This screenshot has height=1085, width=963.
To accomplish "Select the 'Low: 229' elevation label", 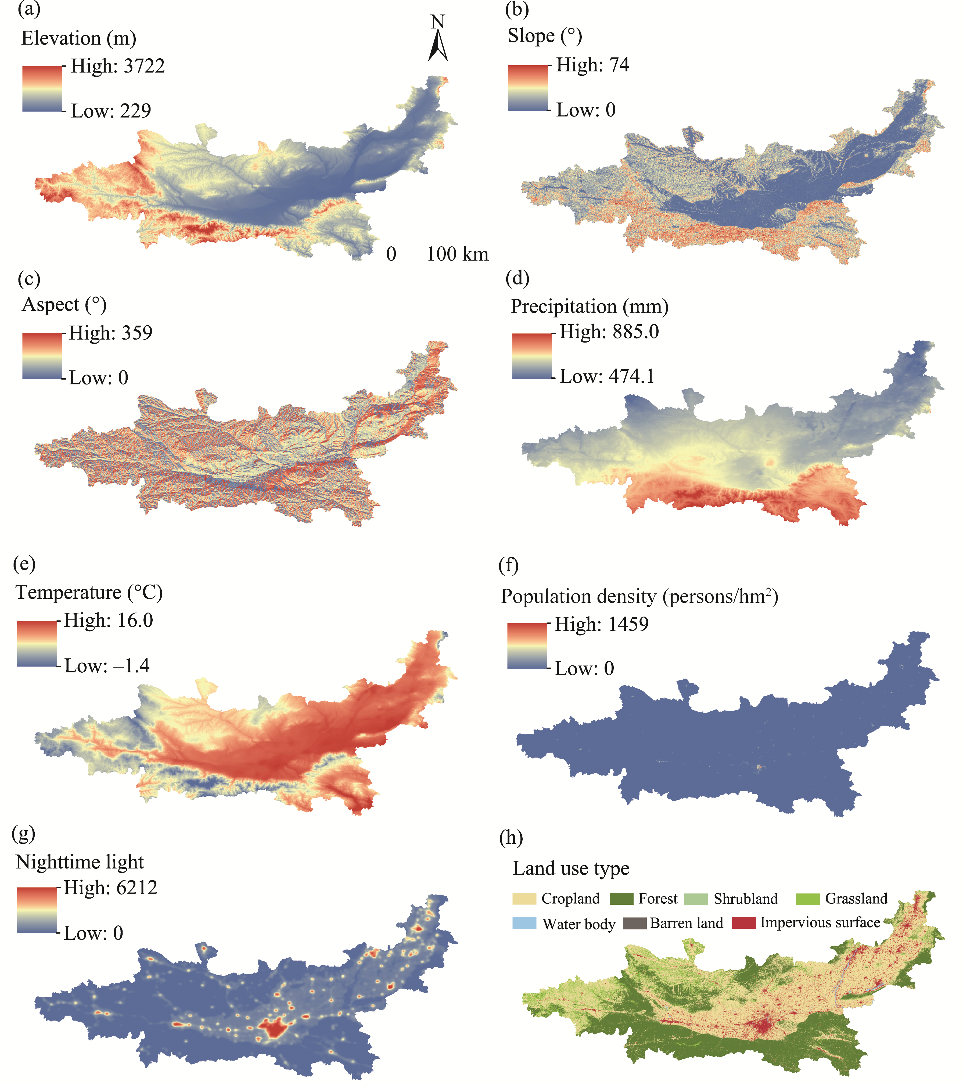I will click(x=111, y=111).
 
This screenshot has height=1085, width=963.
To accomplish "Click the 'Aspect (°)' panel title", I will click(x=64, y=305).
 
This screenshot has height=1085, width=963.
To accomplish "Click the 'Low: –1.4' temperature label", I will click(x=107, y=666).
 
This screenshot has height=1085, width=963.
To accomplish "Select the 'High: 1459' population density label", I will click(x=602, y=624).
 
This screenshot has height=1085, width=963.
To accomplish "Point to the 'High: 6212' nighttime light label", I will click(x=110, y=888).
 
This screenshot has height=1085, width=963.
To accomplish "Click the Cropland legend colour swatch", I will click(x=524, y=899).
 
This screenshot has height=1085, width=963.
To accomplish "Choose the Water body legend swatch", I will click(x=524, y=923).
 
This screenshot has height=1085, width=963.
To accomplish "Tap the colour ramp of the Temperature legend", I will click(x=37, y=643).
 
